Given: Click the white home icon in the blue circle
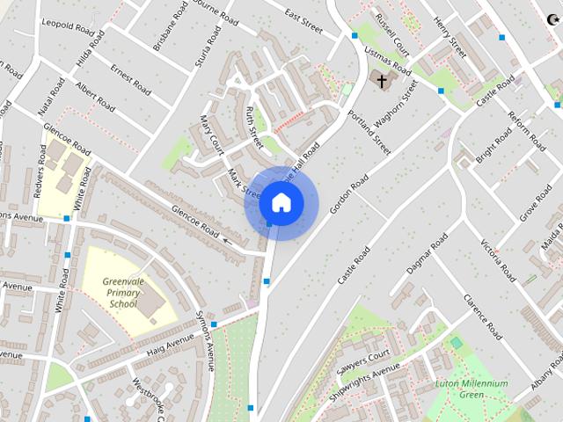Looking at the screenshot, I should point(281,203).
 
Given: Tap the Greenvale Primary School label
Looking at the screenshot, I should point(123,292).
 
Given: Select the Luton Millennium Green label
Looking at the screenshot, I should point(472,389).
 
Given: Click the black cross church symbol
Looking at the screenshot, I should point(382,82).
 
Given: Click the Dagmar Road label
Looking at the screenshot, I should point(427,252).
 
